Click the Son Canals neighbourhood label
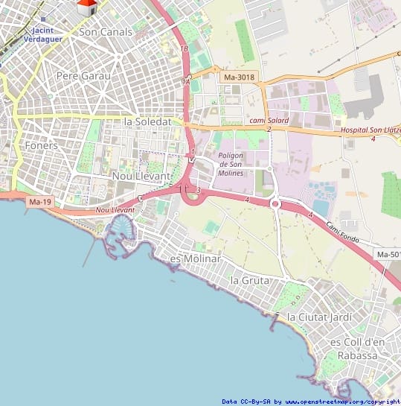coord(106,32)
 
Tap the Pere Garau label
coord(83,76)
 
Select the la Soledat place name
coord(148,121)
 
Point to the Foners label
coord(41,146)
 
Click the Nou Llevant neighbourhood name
coord(141,176)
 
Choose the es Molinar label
coord(196,258)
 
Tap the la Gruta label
coord(249,280)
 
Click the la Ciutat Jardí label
coord(320,317)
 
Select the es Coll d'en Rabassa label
coord(355,348)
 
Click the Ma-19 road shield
coord(40,202)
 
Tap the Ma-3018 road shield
coord(239,77)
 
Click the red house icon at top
coord(87,7)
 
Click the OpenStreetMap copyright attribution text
coord(311,402)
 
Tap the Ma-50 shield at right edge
coord(388,255)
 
